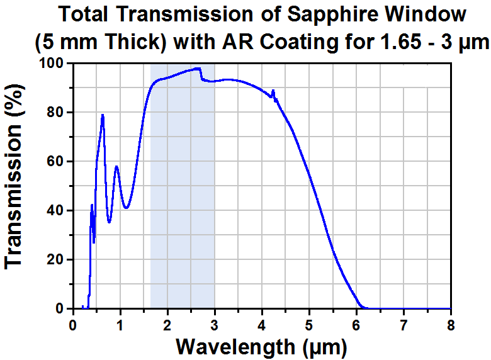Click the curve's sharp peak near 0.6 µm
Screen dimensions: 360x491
click(102, 115)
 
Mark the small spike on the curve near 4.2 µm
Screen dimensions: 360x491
click(273, 91)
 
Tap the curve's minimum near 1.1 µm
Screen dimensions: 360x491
click(127, 208)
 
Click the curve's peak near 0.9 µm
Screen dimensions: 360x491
click(116, 166)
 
